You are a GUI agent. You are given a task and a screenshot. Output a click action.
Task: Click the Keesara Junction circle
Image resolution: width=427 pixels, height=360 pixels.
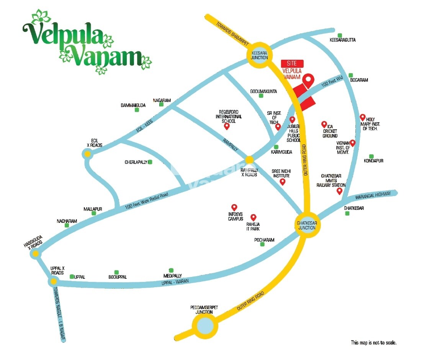coord(259,55)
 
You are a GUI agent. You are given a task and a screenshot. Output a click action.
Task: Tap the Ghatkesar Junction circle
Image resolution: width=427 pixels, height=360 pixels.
coord(306,225)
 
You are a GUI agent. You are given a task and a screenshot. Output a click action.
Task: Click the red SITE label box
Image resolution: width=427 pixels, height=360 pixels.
coord(292,64)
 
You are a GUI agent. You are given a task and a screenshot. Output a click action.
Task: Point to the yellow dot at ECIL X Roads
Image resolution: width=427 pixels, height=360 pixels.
coord(87,154)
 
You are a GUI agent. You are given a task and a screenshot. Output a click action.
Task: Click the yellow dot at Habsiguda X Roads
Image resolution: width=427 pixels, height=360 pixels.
coord(36,254)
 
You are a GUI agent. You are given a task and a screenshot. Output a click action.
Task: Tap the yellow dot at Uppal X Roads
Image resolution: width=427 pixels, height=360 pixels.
coord(52,282)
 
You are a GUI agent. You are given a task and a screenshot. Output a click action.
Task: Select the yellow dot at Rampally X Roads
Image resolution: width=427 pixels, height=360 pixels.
coord(249,159)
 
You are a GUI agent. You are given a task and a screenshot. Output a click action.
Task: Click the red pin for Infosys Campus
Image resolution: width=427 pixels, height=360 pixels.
coord(234,207)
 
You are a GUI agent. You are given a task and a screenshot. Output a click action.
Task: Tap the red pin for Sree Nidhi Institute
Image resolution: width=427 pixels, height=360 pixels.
coord(283,182)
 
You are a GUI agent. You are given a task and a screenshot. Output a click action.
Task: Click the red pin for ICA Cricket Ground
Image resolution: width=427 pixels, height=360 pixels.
coord(324,124)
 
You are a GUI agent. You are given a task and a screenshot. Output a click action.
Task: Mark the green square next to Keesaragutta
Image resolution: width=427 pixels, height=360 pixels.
coord(340,35)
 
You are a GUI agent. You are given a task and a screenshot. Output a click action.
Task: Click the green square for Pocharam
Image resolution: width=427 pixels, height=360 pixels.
coord(262,244)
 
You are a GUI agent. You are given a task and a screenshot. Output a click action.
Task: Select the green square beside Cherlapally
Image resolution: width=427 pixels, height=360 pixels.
coord(150,162)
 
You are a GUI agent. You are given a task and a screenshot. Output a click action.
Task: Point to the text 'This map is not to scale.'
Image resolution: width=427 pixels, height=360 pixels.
coord(373,343)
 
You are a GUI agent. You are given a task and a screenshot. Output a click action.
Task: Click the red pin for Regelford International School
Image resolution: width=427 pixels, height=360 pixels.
coord(226,126)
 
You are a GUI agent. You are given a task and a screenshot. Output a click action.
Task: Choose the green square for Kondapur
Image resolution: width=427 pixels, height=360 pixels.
coord(371,156)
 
